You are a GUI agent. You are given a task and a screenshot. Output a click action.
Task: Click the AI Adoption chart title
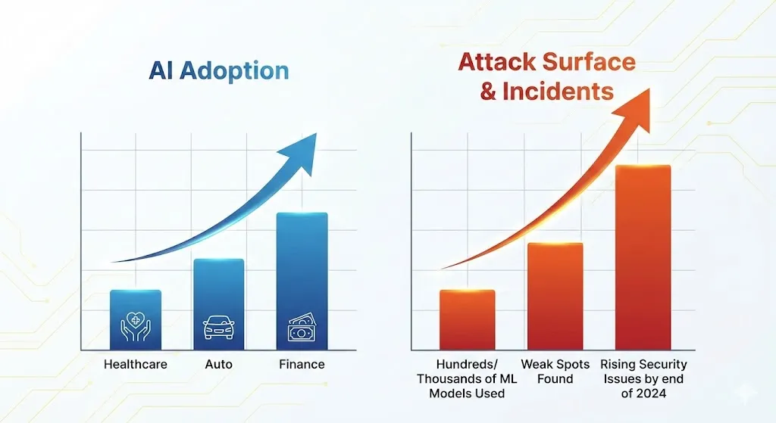[219, 70]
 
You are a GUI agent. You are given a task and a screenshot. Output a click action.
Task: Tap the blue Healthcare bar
[136, 320]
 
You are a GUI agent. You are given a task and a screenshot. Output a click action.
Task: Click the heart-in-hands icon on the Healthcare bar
[136, 328]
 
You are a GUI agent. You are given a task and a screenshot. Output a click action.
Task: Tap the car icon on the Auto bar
[218, 328]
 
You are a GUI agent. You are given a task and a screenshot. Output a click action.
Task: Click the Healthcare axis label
[136, 365]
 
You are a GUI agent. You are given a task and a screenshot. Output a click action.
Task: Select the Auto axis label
[218, 365]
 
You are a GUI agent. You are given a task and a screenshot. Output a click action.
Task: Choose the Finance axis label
[302, 365]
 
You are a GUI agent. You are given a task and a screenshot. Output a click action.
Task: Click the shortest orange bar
[467, 320]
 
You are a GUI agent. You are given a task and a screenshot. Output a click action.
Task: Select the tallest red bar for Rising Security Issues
[643, 257]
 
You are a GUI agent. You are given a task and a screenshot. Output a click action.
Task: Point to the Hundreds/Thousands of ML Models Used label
[467, 378]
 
